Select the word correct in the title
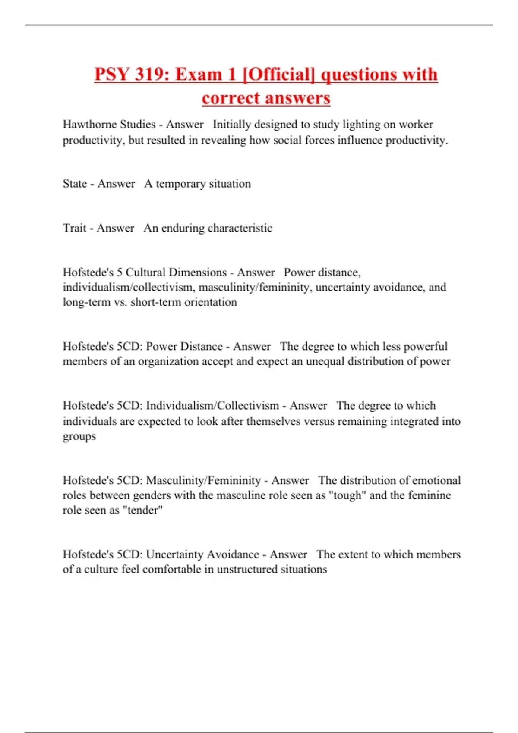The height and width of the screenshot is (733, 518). (x=228, y=98)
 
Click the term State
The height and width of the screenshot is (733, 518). (x=75, y=184)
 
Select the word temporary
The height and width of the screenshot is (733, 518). (x=180, y=184)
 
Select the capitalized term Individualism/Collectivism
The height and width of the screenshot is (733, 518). (x=212, y=406)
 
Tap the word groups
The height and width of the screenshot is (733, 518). (x=79, y=436)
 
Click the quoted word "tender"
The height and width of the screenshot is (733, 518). (x=143, y=510)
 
